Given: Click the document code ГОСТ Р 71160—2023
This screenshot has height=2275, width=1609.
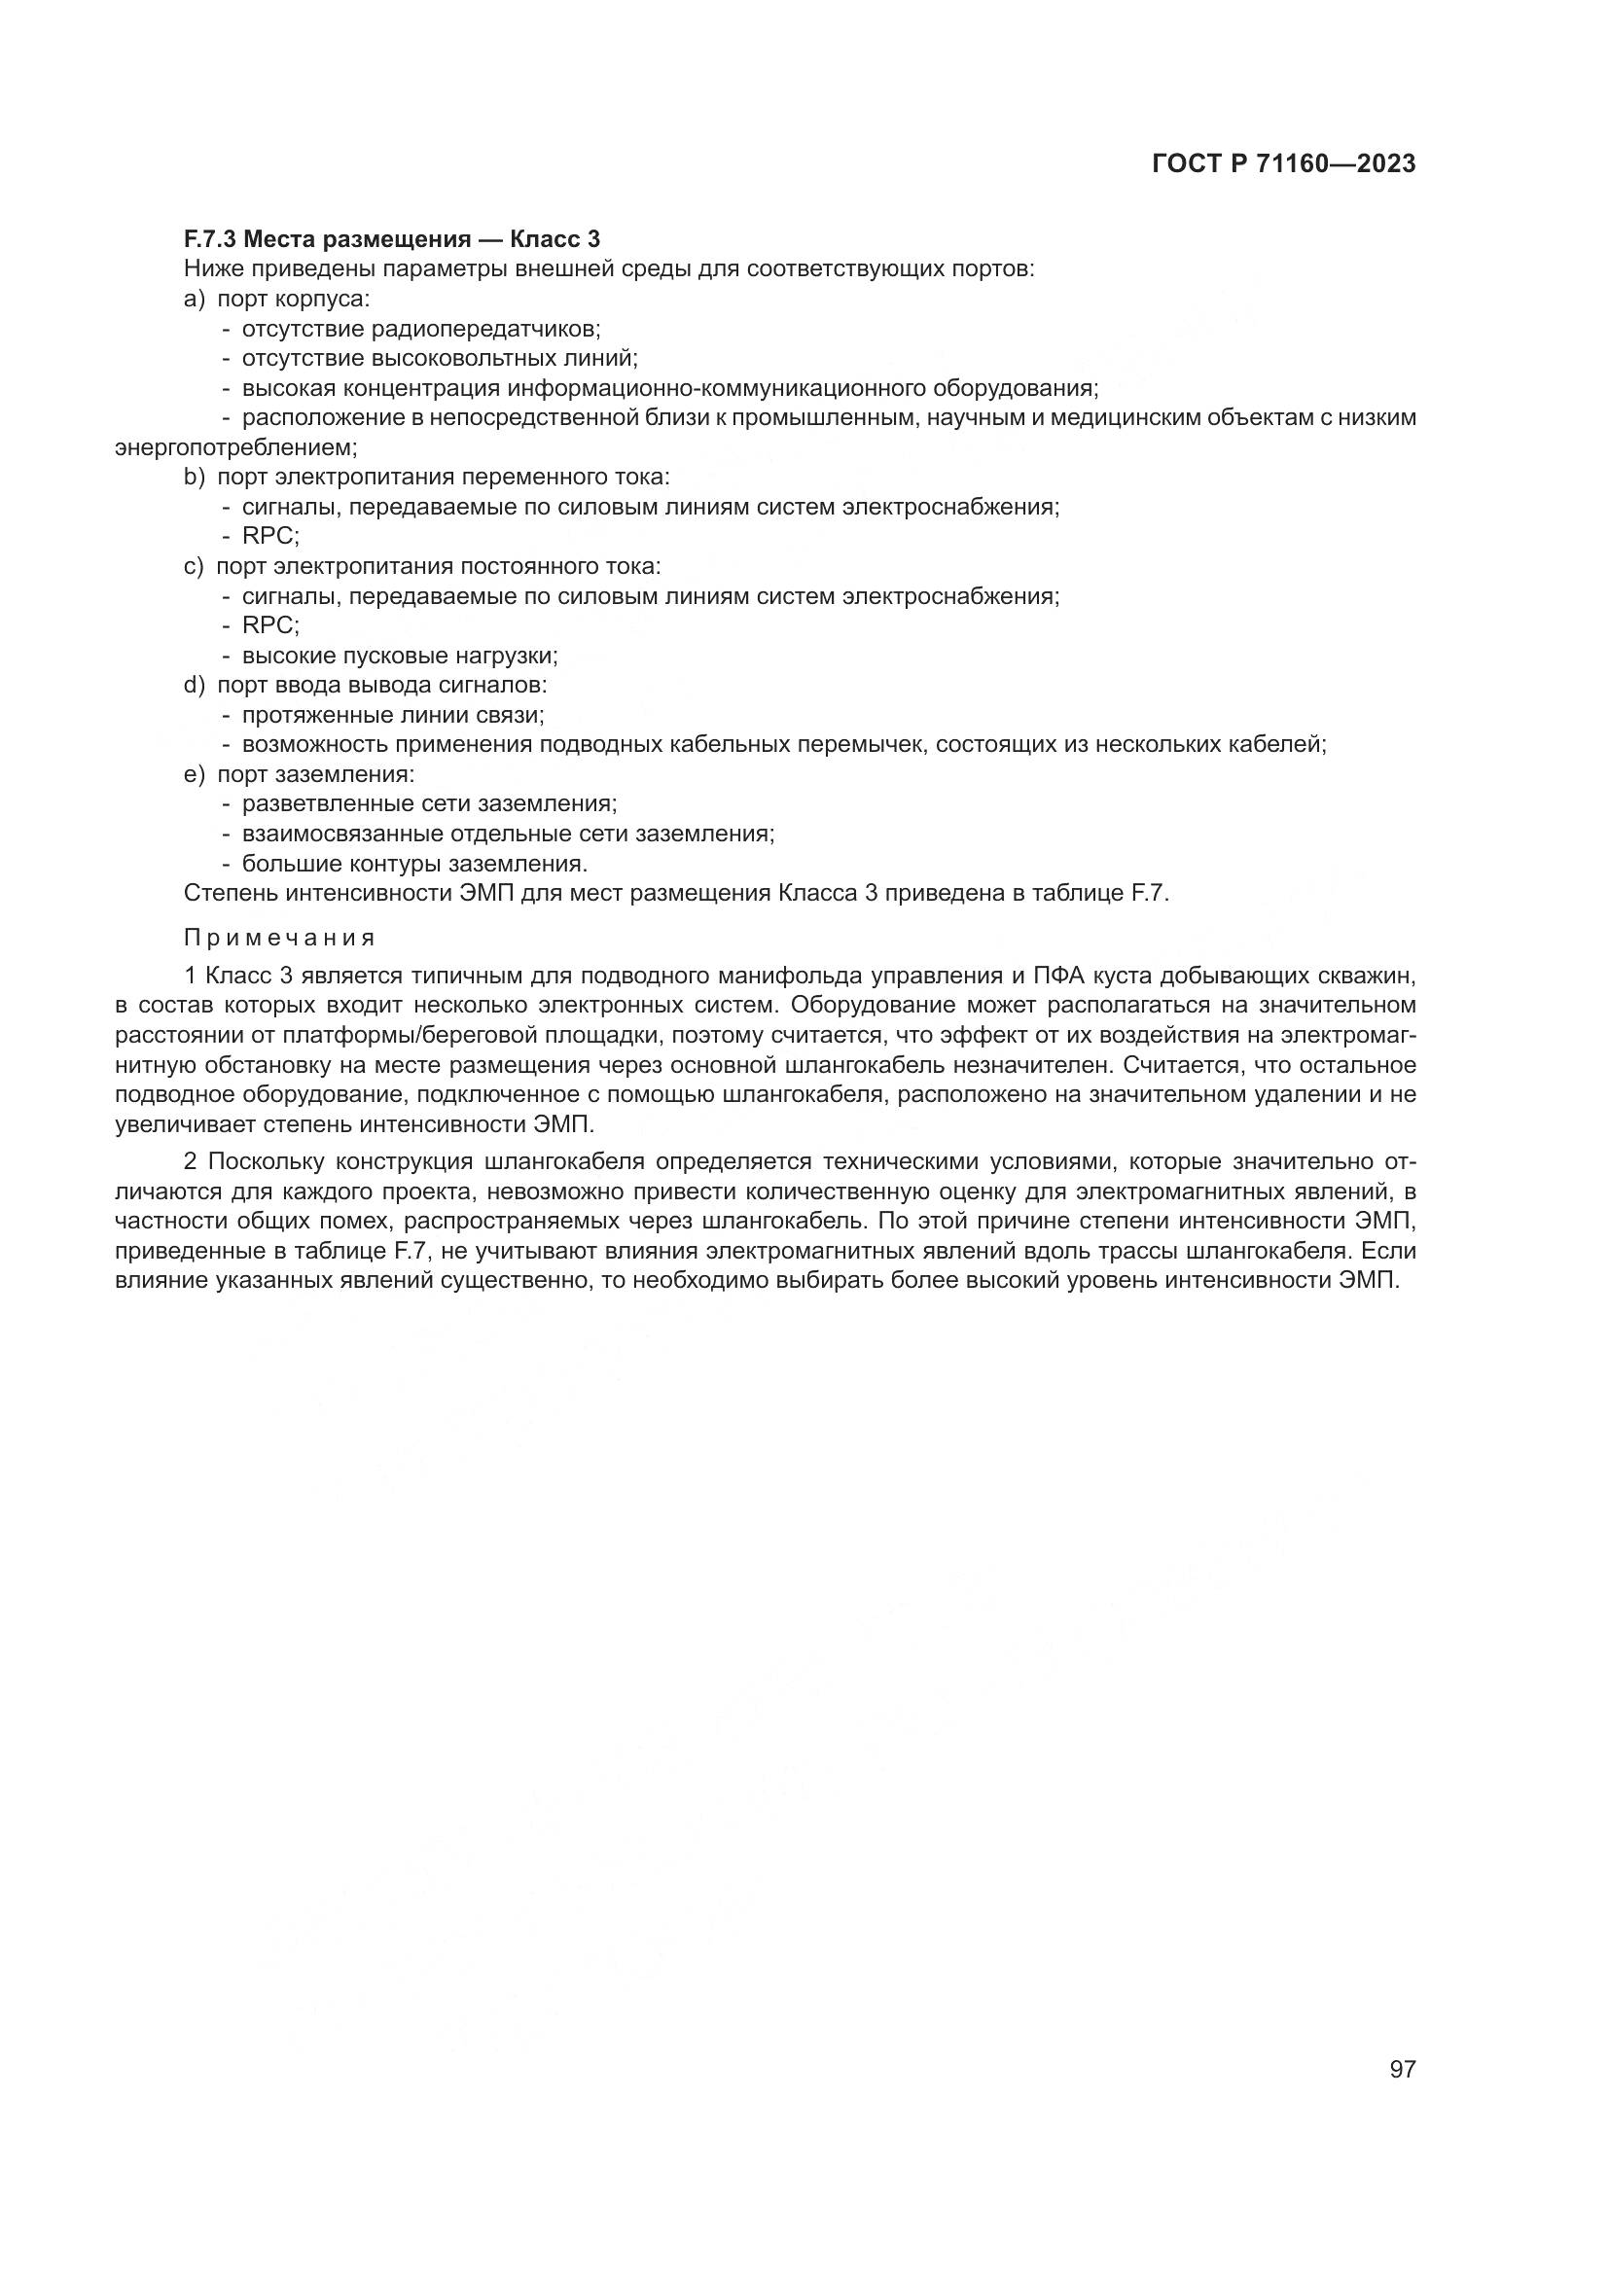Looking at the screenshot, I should point(1283,164).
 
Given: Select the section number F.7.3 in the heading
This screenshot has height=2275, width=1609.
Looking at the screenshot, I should point(209,239).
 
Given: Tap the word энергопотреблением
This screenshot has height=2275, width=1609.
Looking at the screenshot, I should point(235,446).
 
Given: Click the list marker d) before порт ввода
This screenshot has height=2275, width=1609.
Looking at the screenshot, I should point(195,685).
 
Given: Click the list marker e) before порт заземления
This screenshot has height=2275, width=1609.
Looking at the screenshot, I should point(195,774).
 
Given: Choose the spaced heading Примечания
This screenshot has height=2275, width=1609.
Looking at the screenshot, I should point(279,938).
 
